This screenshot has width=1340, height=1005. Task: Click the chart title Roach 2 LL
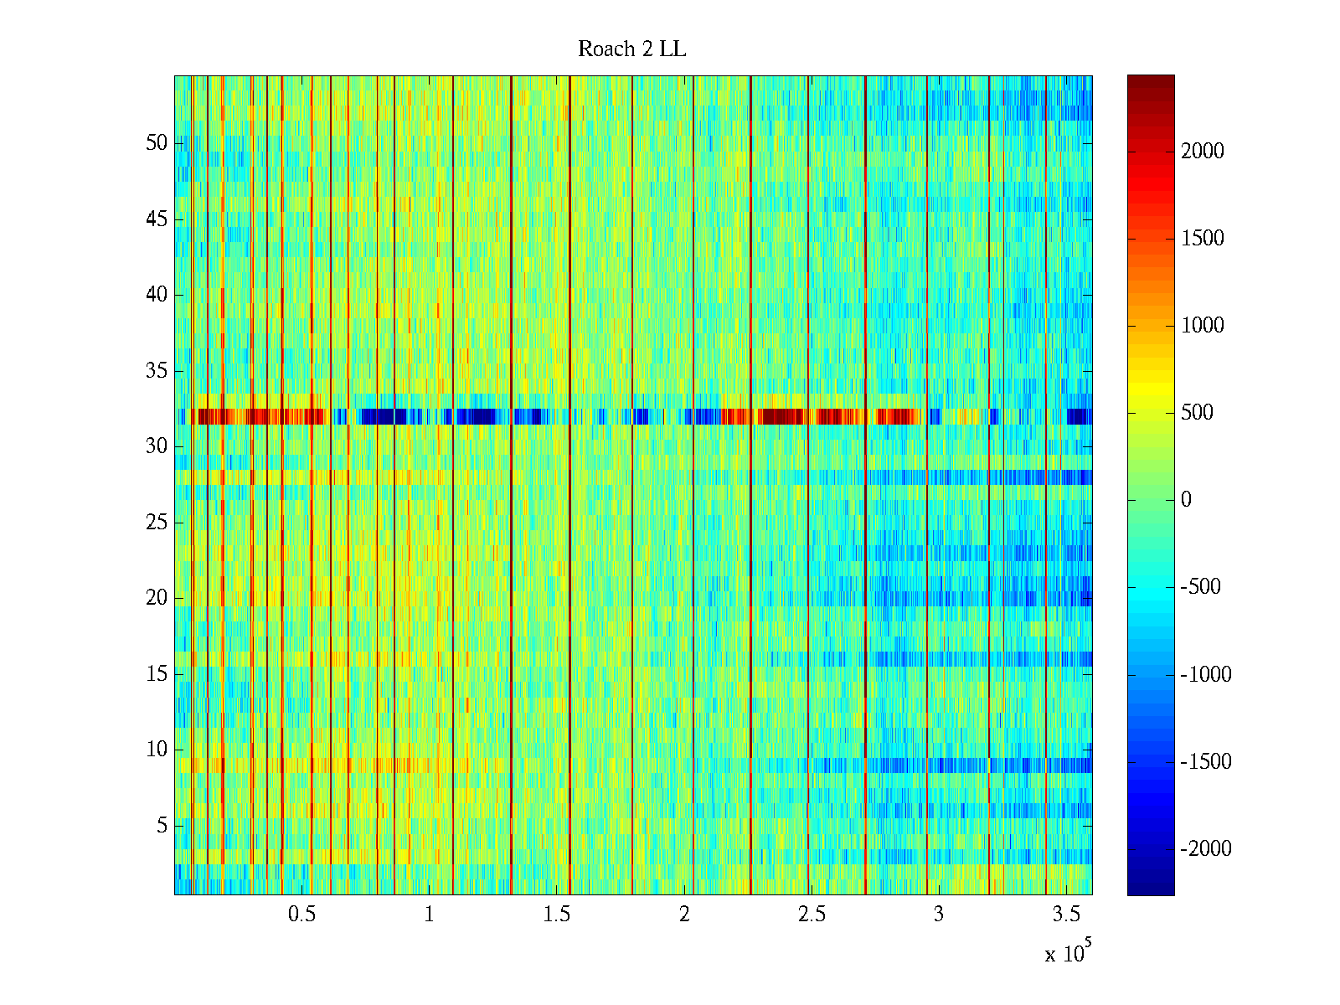631,49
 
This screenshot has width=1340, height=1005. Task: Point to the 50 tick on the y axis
157,143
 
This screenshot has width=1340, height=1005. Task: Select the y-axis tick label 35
157,371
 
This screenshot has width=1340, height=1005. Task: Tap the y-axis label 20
157,598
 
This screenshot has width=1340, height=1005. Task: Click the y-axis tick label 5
162,826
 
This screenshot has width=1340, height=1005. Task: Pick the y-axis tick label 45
157,219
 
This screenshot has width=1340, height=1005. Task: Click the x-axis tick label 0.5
301,915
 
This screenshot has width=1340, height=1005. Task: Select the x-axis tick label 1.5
556,915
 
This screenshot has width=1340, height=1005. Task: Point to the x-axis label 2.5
811,915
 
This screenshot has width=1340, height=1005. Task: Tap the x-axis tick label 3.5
1065,915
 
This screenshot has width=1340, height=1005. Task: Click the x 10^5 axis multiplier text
1067,952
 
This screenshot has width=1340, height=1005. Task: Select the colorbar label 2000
1203,152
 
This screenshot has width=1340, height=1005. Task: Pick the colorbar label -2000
1206,849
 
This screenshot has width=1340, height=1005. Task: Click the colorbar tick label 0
1186,500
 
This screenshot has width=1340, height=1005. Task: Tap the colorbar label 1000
1203,326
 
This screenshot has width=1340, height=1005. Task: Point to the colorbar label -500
1201,587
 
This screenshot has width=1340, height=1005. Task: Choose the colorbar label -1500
1206,762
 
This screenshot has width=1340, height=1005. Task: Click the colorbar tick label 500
1198,413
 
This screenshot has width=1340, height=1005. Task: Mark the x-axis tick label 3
938,915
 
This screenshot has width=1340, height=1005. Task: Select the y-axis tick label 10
157,750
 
